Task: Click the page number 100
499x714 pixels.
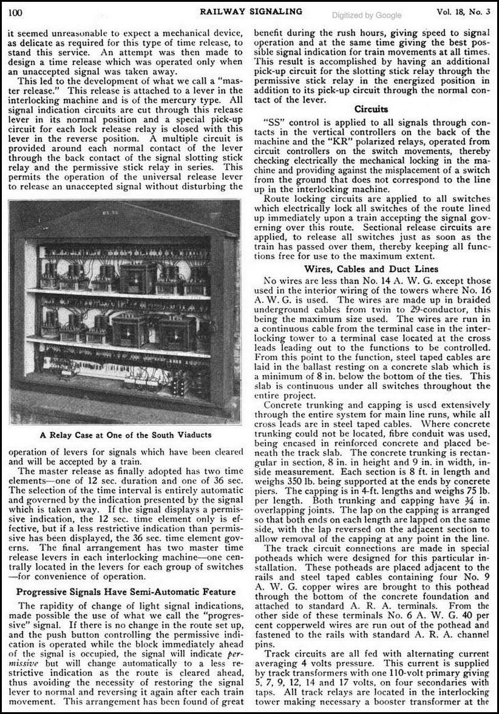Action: pyautogui.click(x=15, y=12)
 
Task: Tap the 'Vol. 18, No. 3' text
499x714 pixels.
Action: pyautogui.click(x=461, y=11)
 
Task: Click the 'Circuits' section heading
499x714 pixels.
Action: pyautogui.click(x=371, y=110)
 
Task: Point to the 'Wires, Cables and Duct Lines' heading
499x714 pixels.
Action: pyautogui.click(x=371, y=268)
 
